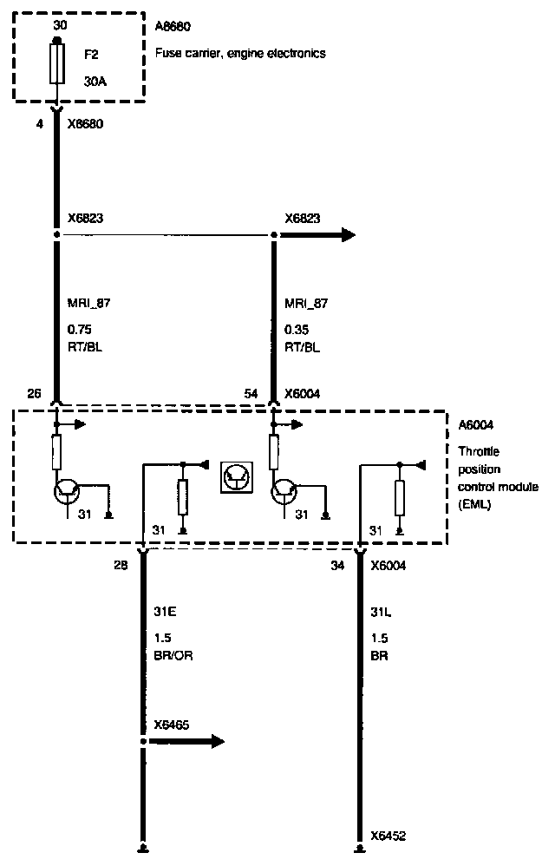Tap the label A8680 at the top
tap(173, 25)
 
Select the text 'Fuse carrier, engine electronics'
tap(239, 53)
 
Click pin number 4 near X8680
tap(39, 124)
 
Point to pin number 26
tap(35, 394)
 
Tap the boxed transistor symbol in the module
tap(236, 477)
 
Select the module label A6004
tap(475, 425)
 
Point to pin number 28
tap(120, 566)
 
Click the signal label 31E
tap(165, 612)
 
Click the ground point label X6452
tap(388, 836)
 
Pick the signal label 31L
tap(381, 612)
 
